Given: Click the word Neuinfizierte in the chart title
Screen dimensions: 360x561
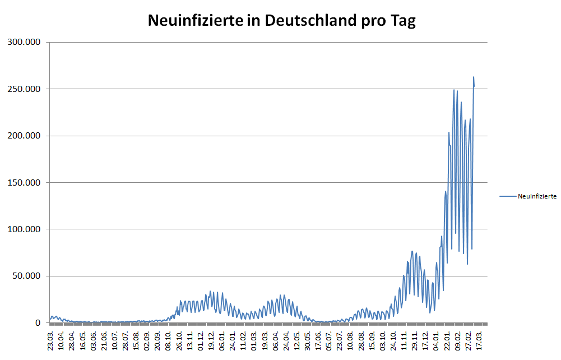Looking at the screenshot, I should (x=195, y=21).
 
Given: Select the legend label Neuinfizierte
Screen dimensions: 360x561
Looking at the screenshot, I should (x=537, y=196).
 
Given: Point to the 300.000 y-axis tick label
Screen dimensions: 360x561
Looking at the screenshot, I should (x=23, y=43).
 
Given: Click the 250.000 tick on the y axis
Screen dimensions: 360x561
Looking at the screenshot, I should (x=23, y=89).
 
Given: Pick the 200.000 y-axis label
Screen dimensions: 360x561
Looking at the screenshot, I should (x=23, y=136).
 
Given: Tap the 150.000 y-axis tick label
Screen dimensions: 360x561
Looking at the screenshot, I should (x=23, y=183).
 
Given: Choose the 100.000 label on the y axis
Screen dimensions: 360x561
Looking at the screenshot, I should (x=23, y=229).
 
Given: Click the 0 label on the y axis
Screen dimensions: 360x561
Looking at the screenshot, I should (x=38, y=323).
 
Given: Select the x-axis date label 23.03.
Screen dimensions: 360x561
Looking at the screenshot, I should (x=51, y=340).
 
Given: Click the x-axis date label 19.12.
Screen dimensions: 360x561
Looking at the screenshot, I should (x=211, y=340).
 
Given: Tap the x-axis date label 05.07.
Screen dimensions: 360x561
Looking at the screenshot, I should (x=330, y=340).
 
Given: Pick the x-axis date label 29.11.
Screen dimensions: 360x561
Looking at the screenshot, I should (x=415, y=340).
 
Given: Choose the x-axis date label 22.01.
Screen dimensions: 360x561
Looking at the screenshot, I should (x=447, y=340).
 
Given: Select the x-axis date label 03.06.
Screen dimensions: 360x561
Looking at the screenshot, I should (x=94, y=340).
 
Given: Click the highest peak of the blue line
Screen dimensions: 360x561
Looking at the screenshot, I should (x=474, y=77).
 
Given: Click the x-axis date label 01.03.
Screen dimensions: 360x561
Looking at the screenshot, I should (x=254, y=340).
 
